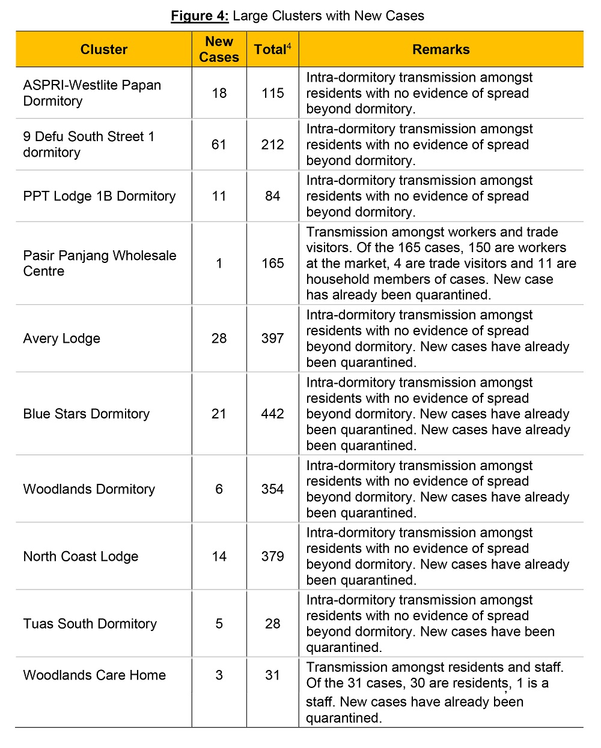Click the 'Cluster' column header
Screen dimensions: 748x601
104,49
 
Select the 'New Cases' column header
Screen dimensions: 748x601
219,49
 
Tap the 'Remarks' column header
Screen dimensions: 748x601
441,49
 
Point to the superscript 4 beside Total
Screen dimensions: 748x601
289,45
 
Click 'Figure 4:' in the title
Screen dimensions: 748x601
200,16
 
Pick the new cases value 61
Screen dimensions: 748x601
219,145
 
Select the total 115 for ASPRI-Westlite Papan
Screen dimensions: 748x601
272,93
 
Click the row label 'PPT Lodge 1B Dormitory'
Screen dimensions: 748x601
99,196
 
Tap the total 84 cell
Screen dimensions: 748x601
272,196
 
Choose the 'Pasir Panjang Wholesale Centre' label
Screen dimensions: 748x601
100,264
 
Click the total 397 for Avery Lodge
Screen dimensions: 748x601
272,339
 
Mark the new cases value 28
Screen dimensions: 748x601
219,339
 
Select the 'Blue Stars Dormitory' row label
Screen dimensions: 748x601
87,414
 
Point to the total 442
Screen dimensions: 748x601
272,414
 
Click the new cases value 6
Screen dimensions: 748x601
219,489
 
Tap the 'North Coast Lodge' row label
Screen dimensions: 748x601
81,556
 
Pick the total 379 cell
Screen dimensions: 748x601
272,556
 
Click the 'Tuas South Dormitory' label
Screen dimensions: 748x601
90,624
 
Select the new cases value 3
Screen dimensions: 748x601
219,675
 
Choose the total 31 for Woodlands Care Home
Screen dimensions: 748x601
272,675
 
